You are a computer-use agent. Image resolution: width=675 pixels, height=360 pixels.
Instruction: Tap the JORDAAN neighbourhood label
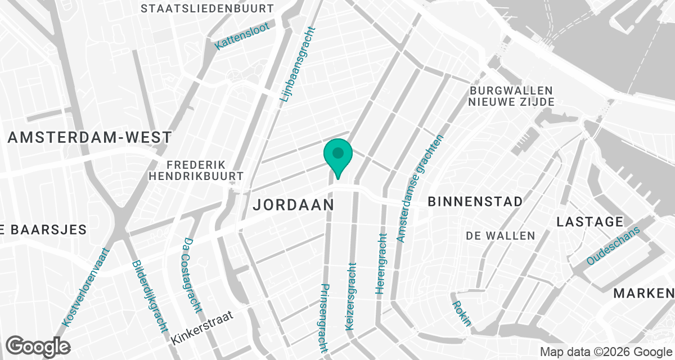[293, 204]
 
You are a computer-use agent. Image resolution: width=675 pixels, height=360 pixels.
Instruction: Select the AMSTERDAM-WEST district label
[89, 137]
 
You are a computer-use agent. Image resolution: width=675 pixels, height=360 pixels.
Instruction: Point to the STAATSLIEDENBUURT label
[208, 8]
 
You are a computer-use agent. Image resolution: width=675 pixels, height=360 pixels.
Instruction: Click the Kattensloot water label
[242, 37]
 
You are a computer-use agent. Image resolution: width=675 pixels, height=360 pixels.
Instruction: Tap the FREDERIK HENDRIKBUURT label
[195, 170]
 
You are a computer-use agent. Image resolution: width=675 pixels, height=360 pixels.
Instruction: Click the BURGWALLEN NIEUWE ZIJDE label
[511, 96]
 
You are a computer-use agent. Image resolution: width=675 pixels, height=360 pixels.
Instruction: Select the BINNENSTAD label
[475, 201]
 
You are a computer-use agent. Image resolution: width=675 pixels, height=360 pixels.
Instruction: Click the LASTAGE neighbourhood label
[589, 222]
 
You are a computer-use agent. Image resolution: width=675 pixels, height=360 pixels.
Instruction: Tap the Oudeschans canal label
[613, 246]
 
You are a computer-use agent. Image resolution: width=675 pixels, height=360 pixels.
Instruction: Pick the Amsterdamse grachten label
[420, 188]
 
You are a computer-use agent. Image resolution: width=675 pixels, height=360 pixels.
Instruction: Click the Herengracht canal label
[381, 264]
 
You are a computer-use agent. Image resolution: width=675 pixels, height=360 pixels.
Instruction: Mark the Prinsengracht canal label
[324, 317]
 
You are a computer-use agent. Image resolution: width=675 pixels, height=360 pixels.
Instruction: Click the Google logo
[38, 346]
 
